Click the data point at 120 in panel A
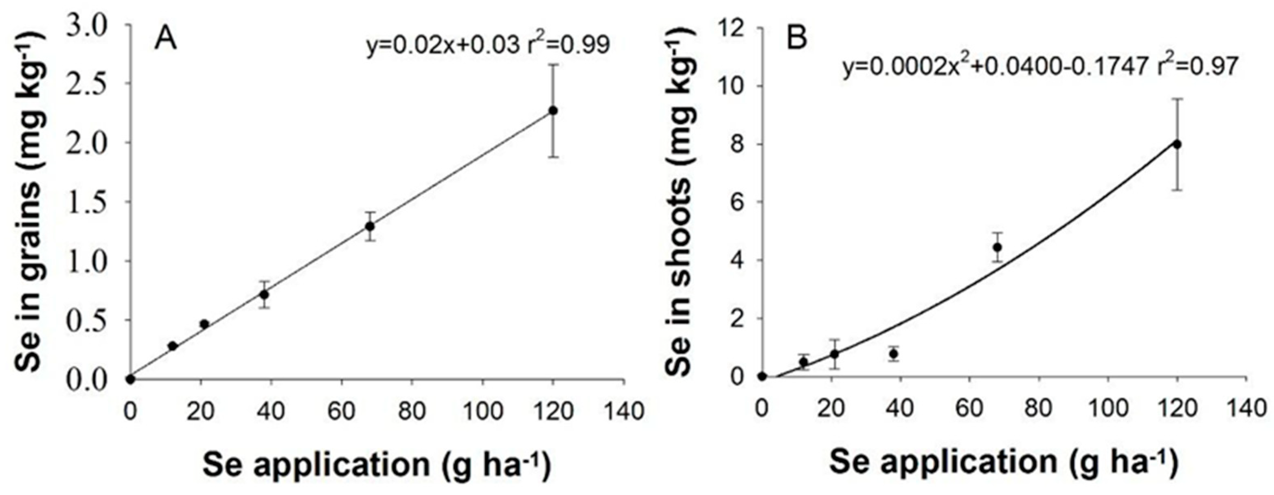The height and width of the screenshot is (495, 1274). pyautogui.click(x=553, y=111)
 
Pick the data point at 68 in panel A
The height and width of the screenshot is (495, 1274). pyautogui.click(x=369, y=226)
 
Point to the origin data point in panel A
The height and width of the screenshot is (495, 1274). pyautogui.click(x=130, y=379)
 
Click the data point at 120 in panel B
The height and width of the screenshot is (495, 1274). pyautogui.click(x=1177, y=145)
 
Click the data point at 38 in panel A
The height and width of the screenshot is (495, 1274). pyautogui.click(x=265, y=295)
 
